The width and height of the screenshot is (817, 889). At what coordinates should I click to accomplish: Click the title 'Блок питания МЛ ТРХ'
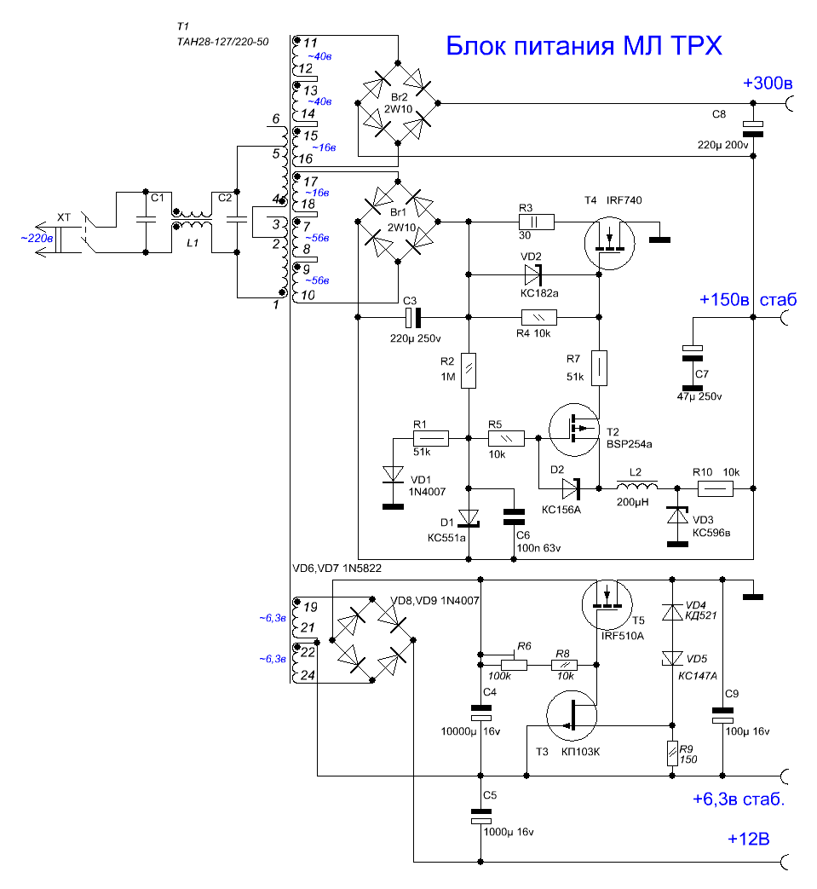tap(584, 45)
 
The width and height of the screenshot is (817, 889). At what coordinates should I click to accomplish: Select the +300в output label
tap(767, 83)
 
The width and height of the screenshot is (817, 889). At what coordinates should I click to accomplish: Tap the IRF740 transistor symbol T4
tap(610, 243)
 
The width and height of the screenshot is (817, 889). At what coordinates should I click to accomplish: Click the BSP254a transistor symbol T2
tap(574, 430)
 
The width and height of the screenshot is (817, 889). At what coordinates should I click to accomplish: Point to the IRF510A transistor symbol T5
tap(607, 604)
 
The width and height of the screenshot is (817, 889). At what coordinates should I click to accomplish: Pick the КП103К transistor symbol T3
tap(571, 716)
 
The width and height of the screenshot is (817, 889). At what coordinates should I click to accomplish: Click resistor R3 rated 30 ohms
tap(536, 222)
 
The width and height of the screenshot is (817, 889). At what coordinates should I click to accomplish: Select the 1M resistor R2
tap(469, 371)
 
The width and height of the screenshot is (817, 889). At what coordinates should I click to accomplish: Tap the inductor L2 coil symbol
tap(637, 485)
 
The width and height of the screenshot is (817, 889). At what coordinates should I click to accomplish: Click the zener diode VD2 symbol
tap(533, 275)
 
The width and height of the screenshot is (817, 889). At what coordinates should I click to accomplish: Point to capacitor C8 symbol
tap(753, 129)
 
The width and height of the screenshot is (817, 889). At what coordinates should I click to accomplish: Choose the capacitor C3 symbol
tap(413, 317)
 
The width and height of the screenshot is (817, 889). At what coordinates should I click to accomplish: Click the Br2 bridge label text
tap(399, 97)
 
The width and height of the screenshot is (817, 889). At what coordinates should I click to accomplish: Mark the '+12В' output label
tap(749, 839)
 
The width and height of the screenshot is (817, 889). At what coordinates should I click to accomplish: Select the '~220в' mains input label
tap(37, 238)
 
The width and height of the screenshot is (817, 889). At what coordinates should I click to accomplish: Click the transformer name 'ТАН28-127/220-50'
tap(222, 42)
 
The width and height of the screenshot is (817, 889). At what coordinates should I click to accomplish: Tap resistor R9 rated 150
tap(672, 753)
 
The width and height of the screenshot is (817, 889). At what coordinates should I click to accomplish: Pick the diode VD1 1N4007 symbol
tap(394, 475)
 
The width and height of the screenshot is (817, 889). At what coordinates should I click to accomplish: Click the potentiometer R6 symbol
tap(514, 664)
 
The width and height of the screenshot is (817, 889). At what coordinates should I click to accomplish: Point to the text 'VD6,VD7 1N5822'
tap(337, 569)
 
